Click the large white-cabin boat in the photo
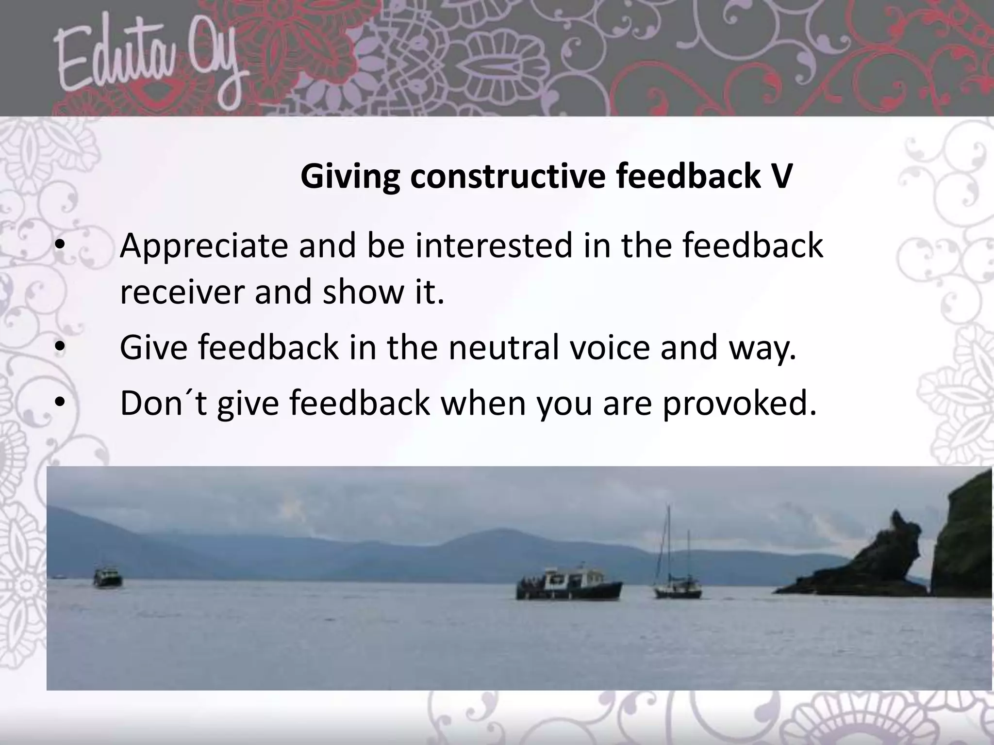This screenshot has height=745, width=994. tap(569, 583)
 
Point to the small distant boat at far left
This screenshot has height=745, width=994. tap(107, 578)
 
